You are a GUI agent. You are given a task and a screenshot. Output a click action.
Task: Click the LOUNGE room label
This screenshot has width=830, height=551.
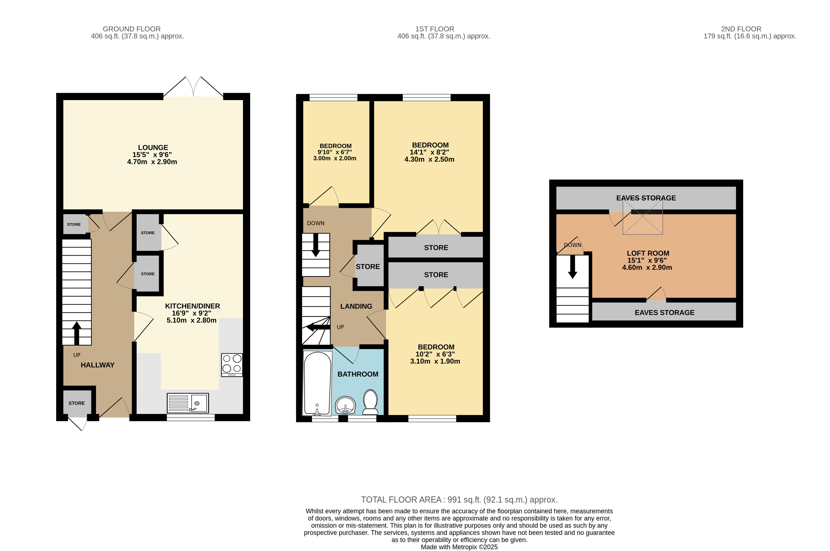(x=153, y=148)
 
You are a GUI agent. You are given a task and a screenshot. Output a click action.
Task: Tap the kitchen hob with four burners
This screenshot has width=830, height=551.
(x=232, y=365)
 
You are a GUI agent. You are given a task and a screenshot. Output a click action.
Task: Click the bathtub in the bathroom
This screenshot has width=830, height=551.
(x=317, y=384)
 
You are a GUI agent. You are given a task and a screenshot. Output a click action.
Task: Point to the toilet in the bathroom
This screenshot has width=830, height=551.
(x=370, y=402)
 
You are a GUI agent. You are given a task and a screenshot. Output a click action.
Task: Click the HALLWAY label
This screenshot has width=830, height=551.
(x=98, y=365)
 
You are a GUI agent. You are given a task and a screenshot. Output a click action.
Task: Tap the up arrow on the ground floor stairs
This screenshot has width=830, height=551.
(x=77, y=333)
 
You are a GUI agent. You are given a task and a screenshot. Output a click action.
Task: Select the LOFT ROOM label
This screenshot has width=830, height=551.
(x=648, y=253)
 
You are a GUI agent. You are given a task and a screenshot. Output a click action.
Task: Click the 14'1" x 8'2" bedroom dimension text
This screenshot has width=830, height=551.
(x=429, y=152)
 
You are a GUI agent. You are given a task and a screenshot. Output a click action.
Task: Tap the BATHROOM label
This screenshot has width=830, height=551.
(x=358, y=374)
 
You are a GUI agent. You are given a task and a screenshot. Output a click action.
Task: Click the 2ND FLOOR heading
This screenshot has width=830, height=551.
(x=741, y=29)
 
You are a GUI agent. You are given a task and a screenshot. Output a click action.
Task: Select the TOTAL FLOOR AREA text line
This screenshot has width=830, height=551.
(x=459, y=500)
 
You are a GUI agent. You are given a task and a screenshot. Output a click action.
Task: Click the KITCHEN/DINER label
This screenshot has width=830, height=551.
(x=192, y=306)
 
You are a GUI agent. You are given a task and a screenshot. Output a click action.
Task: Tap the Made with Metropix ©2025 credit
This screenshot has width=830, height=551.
(x=459, y=547)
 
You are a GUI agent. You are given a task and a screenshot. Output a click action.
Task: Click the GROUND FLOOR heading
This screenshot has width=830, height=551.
(x=132, y=29)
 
